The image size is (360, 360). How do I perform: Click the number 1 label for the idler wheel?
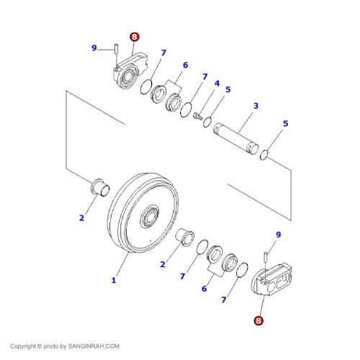click(113, 280)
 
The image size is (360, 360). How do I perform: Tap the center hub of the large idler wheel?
click(150, 215)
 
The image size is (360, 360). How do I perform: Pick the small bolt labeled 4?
click(198, 116)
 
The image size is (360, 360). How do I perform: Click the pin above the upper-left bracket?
click(114, 49)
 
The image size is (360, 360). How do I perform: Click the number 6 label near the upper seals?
click(185, 66)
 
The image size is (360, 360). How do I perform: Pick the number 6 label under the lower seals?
click(204, 288)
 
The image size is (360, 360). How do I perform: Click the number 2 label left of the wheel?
click(81, 217)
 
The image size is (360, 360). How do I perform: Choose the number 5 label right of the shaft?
click(285, 124)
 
